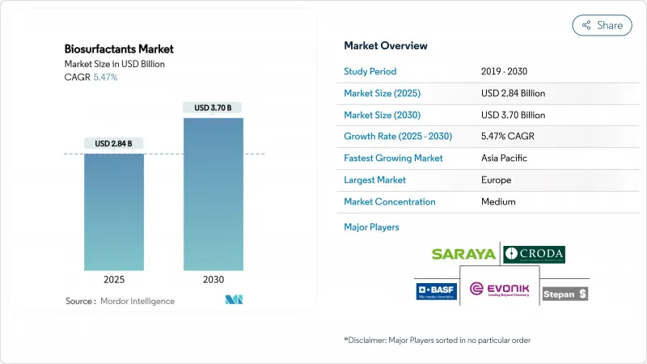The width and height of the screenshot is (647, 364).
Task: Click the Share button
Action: tap(602, 25)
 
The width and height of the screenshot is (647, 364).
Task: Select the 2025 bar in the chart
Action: tap(114, 211)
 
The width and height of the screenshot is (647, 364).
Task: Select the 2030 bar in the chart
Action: tap(213, 194)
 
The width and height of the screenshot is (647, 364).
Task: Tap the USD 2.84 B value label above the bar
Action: tap(114, 144)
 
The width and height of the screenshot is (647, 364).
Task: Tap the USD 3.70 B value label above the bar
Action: tap(213, 108)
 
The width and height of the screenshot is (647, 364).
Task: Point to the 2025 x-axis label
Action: tap(114, 279)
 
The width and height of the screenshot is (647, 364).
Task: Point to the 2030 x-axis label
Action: tap(213, 279)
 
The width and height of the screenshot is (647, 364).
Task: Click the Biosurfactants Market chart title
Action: tap(119, 49)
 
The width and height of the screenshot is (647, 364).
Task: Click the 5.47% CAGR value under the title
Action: tap(105, 78)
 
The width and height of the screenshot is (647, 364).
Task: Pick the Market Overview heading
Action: tap(386, 45)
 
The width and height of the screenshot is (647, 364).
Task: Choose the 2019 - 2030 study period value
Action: tap(509, 71)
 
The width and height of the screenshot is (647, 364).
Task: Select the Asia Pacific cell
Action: tap(505, 159)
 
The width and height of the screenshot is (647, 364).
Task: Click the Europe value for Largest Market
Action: tap(495, 180)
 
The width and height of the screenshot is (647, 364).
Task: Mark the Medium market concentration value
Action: tap(497, 202)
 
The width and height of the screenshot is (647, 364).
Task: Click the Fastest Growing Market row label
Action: tap(393, 159)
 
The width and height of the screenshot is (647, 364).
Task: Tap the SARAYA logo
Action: tap(464, 254)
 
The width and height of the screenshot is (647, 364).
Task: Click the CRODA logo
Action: tap(534, 254)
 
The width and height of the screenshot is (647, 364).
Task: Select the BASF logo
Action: tap(436, 291)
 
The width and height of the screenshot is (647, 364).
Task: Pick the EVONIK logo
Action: tap(498, 291)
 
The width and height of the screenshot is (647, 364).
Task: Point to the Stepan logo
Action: tap(565, 294)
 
